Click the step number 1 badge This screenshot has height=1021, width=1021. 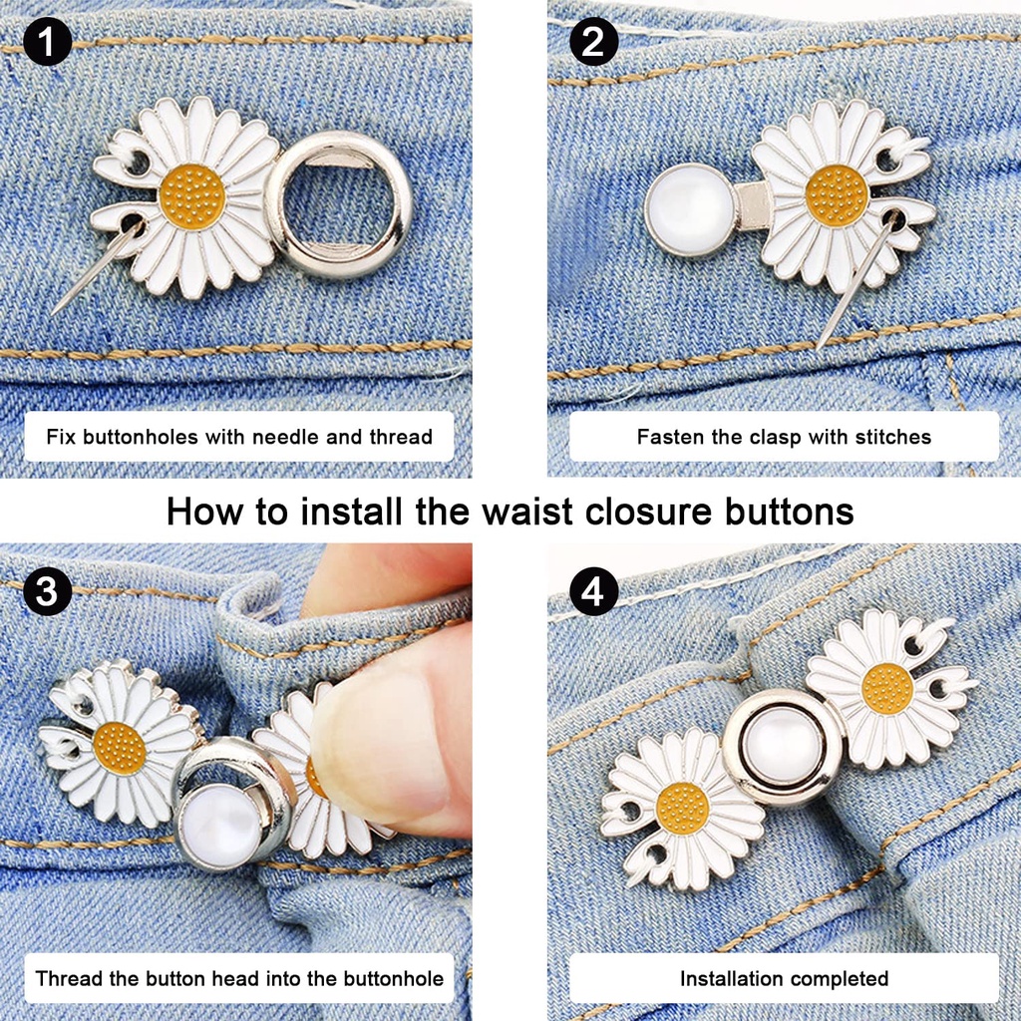pos(46,43)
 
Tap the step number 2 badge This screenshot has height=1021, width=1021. pos(593,43)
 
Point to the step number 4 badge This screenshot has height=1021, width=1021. pos(593,594)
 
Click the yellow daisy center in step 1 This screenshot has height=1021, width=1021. pos(190,196)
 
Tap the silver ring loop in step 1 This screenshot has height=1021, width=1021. pos(338,204)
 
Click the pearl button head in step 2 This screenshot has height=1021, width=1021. pos(688,210)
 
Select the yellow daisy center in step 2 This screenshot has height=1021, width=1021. pos(836,195)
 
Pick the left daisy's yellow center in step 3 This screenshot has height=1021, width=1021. pos(120,748)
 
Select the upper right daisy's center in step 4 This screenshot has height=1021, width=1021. pos(886,688)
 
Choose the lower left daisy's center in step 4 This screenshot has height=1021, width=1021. pos(682,809)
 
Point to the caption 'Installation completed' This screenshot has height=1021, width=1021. pos(784,978)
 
